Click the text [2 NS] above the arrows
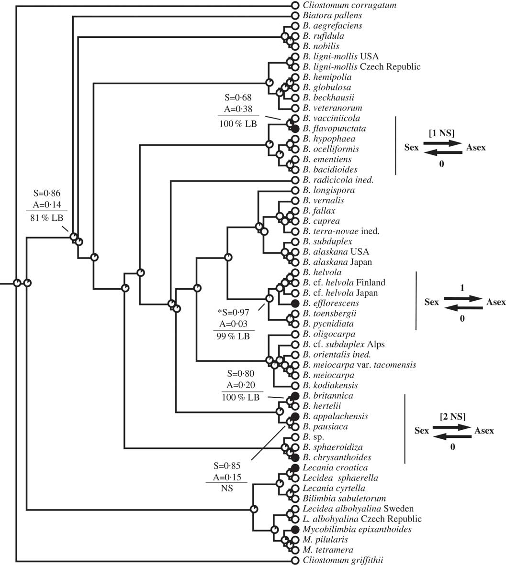[x=453, y=416]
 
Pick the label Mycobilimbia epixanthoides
[x=357, y=529]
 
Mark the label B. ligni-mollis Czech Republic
[x=361, y=67]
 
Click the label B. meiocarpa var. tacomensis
[x=359, y=365]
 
